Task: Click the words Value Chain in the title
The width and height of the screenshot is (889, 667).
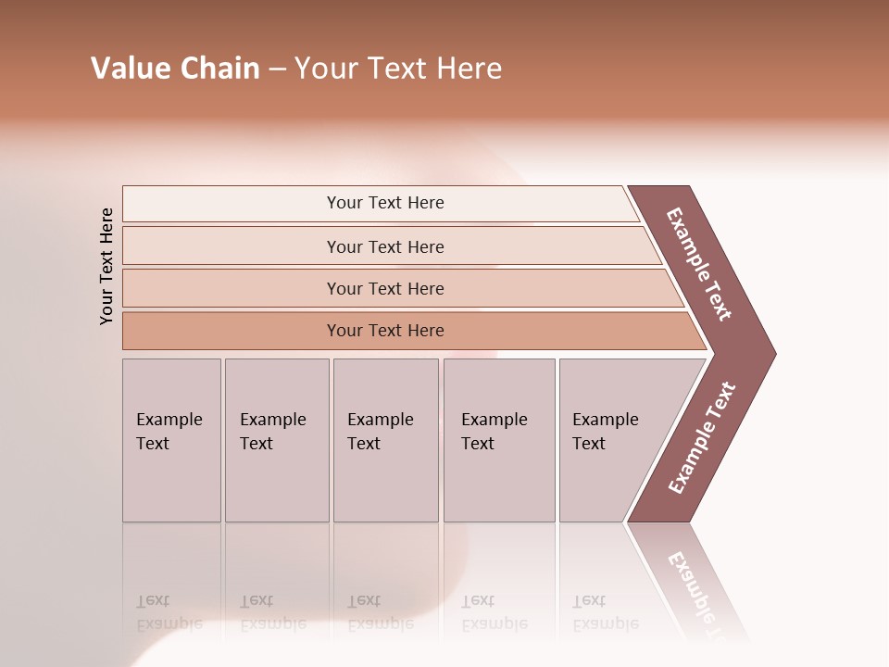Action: [x=175, y=69]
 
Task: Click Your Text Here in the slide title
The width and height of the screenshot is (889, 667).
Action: [x=398, y=69]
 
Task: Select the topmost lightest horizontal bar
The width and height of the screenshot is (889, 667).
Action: [x=384, y=203]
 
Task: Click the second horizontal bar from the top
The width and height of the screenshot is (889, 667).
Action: [x=384, y=246]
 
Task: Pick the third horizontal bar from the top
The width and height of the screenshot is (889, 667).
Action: [x=384, y=288]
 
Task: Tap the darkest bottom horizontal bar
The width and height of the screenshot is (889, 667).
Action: [x=384, y=331]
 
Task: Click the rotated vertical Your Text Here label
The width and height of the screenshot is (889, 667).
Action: [x=106, y=266]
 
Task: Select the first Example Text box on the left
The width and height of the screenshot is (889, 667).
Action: [x=171, y=440]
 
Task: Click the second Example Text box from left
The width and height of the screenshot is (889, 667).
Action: [x=276, y=440]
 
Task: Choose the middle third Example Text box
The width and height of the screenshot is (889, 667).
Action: [x=385, y=440]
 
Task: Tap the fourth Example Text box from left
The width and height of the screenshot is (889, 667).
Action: [x=499, y=440]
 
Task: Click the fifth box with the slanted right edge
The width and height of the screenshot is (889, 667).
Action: [x=611, y=440]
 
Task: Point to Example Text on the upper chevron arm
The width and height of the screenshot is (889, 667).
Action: [x=699, y=264]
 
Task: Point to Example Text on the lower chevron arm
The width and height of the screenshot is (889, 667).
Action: [x=702, y=437]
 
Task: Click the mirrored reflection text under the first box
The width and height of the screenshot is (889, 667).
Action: [x=169, y=612]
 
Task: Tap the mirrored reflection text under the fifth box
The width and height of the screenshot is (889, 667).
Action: [x=605, y=612]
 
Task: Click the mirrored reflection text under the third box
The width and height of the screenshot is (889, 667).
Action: [x=380, y=612]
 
